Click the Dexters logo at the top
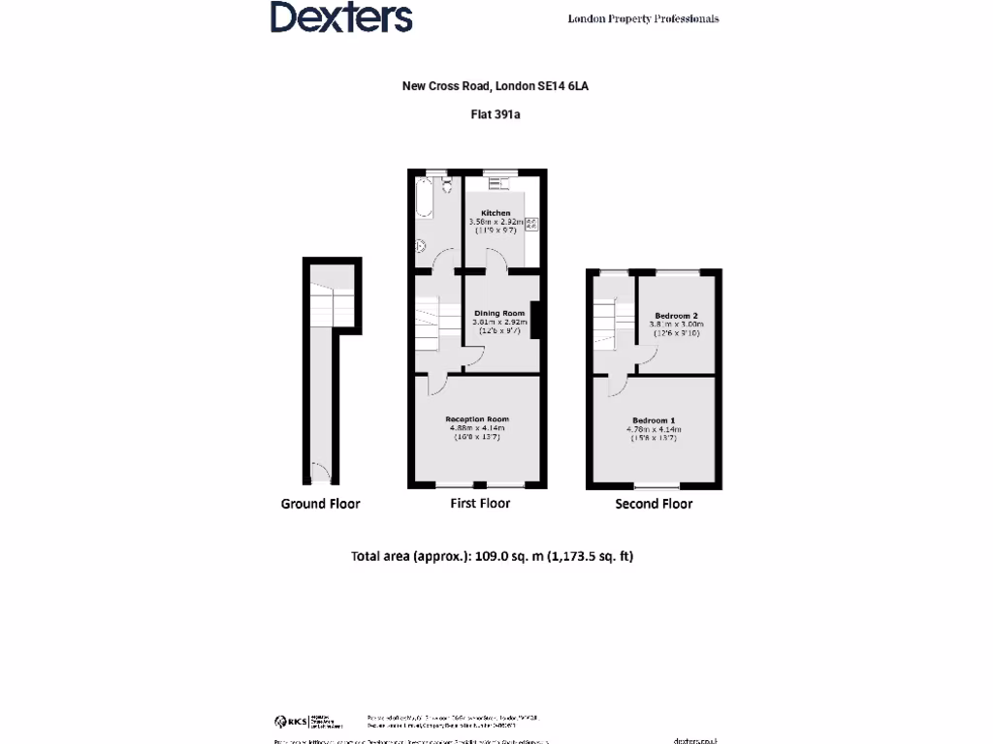tap(341, 17)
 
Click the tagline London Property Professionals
tap(643, 18)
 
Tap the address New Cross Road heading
tap(496, 86)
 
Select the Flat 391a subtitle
tap(496, 113)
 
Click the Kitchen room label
tap(496, 213)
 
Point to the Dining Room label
tap(499, 313)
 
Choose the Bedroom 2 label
tap(676, 316)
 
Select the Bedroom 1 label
tap(654, 419)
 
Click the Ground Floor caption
tap(320, 504)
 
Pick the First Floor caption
tap(480, 504)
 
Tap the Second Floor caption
tap(654, 504)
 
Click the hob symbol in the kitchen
tap(530, 224)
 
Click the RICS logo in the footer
tap(292, 722)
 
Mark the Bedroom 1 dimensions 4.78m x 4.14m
tap(654, 429)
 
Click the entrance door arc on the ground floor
tap(320, 472)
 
